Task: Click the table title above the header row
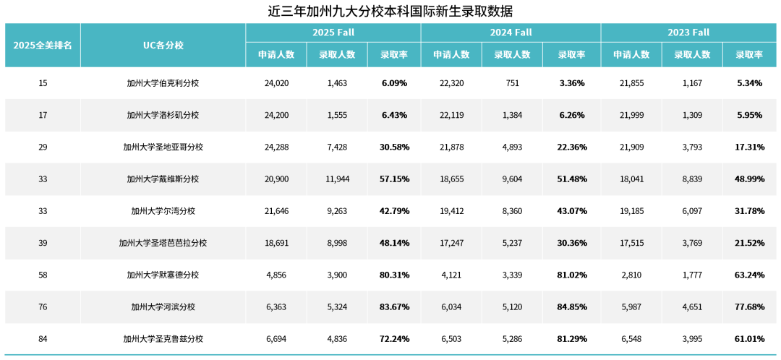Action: pos(390,11)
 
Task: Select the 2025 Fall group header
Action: pos(333,33)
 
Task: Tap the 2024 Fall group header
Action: pos(511,33)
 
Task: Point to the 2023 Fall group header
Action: pos(690,33)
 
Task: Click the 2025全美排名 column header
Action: pos(43,45)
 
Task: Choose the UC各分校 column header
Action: pos(163,45)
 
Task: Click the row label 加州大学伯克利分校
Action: pos(163,83)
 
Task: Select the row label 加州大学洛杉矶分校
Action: pos(163,115)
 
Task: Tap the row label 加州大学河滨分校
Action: pos(163,307)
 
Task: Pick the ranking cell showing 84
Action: pos(43,338)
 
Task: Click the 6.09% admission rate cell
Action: pos(394,83)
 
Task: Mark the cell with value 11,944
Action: pos(337,179)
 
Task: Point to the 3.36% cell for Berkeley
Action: pos(572,83)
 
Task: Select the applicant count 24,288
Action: pos(277,147)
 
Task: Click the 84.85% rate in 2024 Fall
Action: pos(572,307)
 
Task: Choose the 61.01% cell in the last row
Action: pos(750,338)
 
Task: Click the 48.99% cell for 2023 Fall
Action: pos(750,179)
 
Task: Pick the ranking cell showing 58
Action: pos(43,275)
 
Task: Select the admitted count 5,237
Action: pos(512,243)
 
